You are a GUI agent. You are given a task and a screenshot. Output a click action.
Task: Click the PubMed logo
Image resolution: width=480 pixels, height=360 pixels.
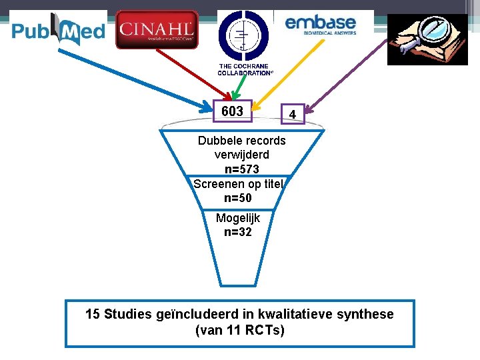tap(58, 30)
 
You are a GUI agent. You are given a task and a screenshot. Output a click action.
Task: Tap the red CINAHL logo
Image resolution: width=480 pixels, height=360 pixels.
tap(157, 30)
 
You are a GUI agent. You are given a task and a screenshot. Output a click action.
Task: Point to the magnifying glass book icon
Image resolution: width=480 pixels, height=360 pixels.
tap(427, 39)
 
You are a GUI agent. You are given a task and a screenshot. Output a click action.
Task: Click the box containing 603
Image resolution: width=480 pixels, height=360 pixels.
tap(232, 111)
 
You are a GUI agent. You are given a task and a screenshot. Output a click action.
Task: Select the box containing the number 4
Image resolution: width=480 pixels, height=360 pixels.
tap(293, 115)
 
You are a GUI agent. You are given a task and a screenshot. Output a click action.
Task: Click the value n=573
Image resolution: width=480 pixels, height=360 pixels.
tap(241, 169)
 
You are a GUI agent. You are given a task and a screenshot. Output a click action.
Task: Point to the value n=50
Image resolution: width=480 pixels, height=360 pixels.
tap(238, 198)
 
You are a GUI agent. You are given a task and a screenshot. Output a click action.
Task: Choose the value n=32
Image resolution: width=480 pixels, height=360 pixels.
tap(238, 233)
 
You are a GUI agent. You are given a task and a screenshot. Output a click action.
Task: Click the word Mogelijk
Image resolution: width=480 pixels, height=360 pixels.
tap(238, 218)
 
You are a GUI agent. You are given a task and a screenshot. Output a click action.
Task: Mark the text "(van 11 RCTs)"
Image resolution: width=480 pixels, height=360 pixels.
tap(239, 330)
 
